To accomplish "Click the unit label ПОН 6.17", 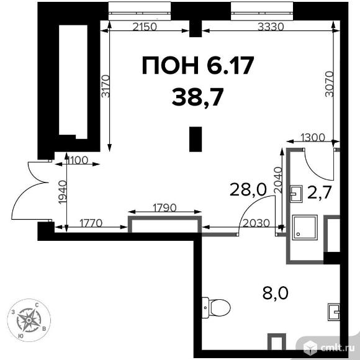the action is (198, 65).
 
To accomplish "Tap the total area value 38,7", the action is (197, 97).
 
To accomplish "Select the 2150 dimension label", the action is (145, 27).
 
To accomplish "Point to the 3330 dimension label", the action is (271, 27).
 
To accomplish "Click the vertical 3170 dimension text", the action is (106, 86).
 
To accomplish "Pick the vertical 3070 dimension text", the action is (330, 84).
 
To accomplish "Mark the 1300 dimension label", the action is (312, 138).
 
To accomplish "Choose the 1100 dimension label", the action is (77, 160).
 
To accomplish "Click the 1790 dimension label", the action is (164, 208).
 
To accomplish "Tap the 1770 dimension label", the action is (91, 223).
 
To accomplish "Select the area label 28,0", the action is (248, 190).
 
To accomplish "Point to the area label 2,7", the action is (320, 192).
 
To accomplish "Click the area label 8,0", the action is (276, 293).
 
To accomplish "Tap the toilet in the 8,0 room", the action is (216, 308).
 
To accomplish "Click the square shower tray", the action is (305, 228).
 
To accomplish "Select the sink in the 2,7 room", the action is (296, 194).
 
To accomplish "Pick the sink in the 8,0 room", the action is (334, 312).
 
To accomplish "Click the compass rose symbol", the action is (29, 320).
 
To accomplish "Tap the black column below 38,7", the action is (196, 139).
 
